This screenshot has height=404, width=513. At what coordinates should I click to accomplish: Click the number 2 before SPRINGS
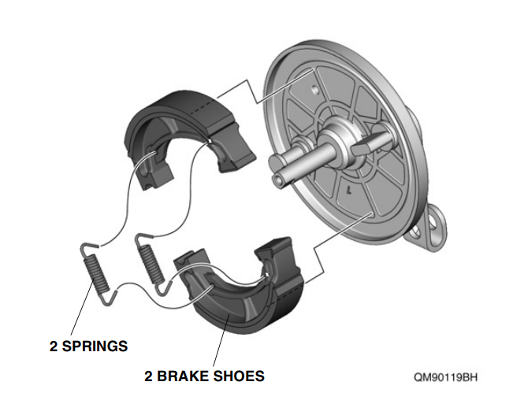click(54, 346)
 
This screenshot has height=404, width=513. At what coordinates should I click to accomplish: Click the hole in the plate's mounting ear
click(431, 228)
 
